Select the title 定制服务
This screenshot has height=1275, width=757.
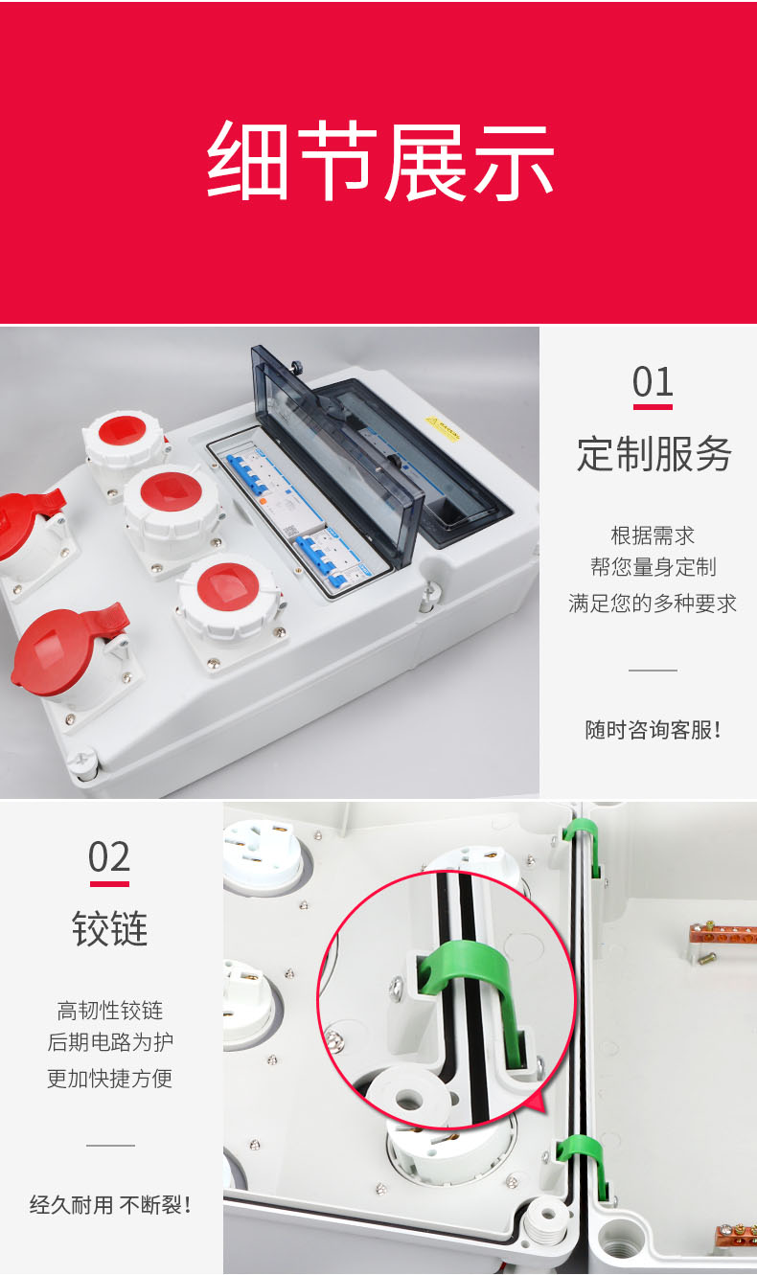(654, 454)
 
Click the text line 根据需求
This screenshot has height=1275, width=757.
(653, 535)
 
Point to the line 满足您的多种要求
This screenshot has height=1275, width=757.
(653, 603)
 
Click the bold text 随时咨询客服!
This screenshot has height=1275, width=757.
(653, 730)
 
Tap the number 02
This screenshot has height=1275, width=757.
(109, 857)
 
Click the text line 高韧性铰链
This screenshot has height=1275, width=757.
(109, 1010)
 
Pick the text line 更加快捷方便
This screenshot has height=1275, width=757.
(109, 1078)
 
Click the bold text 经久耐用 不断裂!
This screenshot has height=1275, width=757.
(109, 1204)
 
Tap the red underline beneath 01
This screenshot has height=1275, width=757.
(653, 407)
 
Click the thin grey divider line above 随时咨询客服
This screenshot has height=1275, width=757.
(653, 671)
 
